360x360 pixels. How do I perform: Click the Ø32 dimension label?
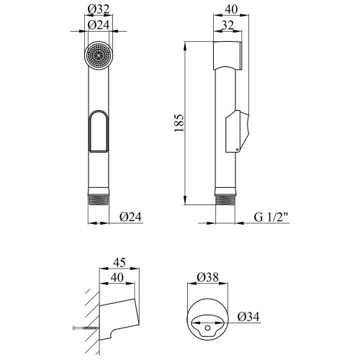(x=99, y=9)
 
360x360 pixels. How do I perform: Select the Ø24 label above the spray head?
(x=99, y=24)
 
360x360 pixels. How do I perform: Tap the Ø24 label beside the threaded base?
(x=130, y=217)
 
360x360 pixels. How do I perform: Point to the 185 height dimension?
(x=179, y=123)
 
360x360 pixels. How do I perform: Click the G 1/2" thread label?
(x=271, y=217)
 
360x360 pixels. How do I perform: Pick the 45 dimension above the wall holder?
(x=120, y=262)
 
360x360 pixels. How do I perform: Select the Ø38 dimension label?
(x=208, y=277)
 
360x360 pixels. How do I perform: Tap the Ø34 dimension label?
(x=248, y=317)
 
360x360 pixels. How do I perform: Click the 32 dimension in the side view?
(x=228, y=24)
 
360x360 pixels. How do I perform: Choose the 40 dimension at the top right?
(x=231, y=9)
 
